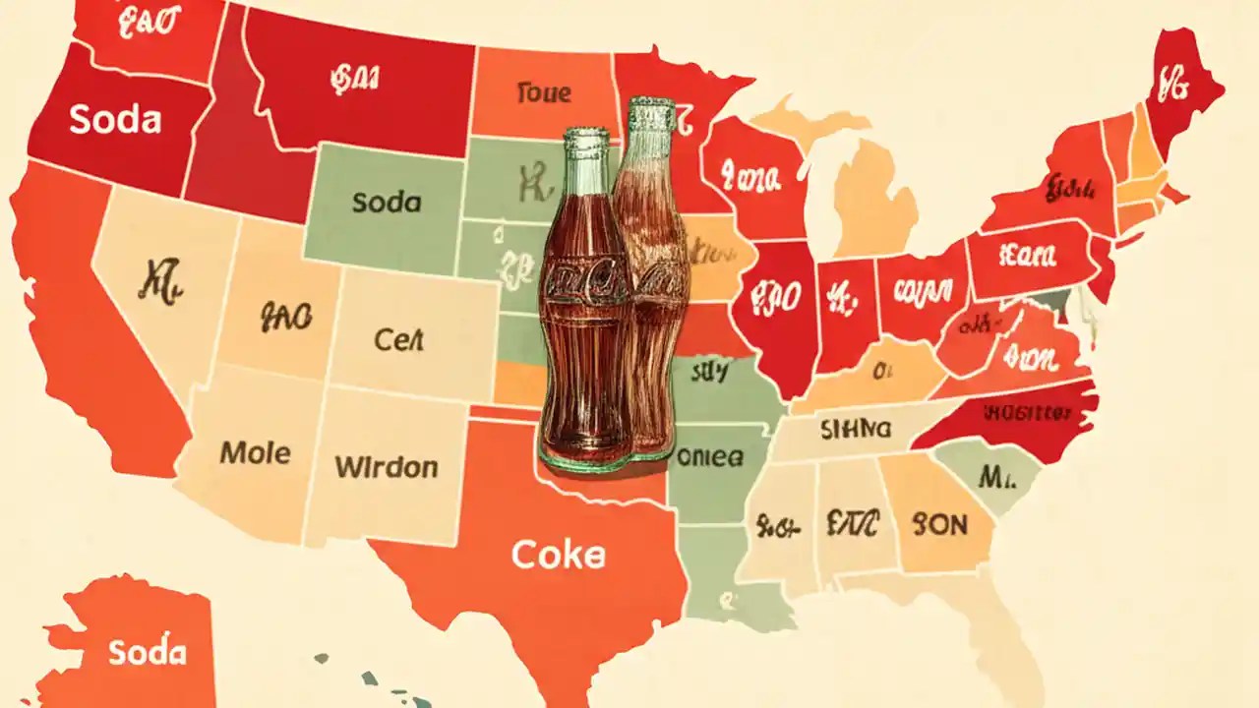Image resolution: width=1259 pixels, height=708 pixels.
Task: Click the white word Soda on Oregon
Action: (115, 119)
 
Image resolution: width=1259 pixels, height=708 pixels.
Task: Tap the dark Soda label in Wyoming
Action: (386, 203)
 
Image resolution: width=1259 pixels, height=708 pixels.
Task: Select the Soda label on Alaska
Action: (148, 652)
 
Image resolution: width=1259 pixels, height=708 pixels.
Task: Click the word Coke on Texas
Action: (558, 556)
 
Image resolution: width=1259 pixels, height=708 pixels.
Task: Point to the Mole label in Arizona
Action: (255, 453)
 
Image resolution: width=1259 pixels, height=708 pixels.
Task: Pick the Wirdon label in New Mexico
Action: (386, 466)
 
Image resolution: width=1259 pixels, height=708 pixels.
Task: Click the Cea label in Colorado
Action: (398, 340)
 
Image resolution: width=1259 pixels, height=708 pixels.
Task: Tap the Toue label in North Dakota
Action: (542, 93)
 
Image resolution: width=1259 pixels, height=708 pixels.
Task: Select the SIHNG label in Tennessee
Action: (854, 429)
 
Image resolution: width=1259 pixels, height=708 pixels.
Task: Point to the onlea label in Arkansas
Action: (711, 456)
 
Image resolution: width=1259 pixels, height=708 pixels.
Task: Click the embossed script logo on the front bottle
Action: (587, 285)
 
